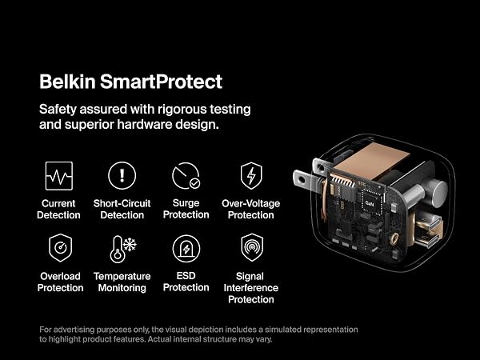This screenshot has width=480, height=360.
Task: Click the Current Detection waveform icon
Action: (x=58, y=176)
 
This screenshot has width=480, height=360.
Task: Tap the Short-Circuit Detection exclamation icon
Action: (x=122, y=175)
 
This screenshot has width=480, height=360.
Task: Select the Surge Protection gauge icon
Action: (x=186, y=175)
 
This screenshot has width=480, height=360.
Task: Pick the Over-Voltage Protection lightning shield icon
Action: (x=251, y=176)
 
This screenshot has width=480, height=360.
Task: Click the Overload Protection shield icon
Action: (x=60, y=248)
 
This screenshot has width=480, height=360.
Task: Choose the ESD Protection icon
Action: (x=186, y=249)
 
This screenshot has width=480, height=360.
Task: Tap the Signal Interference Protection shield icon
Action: (x=252, y=247)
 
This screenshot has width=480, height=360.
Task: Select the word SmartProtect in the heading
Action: (x=161, y=82)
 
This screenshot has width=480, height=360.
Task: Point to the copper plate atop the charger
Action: (x=371, y=161)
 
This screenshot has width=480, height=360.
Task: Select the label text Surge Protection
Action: (x=186, y=209)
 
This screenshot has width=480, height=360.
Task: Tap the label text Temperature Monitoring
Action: (x=122, y=282)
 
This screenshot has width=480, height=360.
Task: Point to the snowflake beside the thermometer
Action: (x=130, y=245)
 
